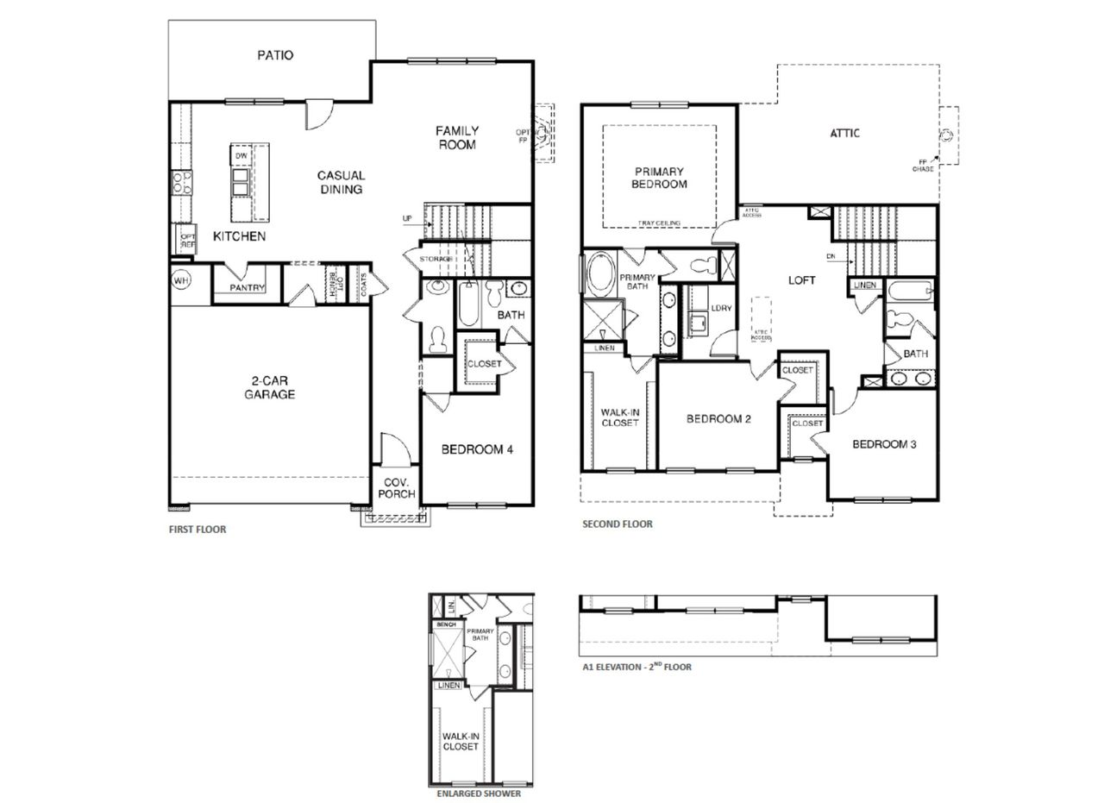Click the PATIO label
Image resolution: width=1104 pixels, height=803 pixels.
click(x=275, y=55)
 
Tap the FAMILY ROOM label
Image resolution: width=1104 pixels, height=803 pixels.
click(x=457, y=138)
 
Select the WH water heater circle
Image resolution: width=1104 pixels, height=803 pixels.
click(x=181, y=280)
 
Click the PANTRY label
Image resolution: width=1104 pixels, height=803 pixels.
click(x=248, y=288)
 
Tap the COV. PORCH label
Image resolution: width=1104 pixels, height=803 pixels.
click(x=397, y=487)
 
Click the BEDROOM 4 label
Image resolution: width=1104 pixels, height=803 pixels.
click(x=477, y=449)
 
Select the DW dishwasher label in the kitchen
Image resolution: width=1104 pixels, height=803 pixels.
click(x=241, y=156)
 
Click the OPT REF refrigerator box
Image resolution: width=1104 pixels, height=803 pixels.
click(x=186, y=239)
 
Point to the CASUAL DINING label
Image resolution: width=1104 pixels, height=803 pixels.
click(x=341, y=182)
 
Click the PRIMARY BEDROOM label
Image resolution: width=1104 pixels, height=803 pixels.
click(x=659, y=178)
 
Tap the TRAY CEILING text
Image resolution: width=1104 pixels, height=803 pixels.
click(x=659, y=223)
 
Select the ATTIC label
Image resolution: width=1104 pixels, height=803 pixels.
click(x=844, y=133)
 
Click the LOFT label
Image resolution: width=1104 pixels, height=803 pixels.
click(x=801, y=280)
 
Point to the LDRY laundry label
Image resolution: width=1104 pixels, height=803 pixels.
click(x=721, y=308)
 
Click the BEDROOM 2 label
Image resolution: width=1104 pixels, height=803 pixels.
click(x=718, y=419)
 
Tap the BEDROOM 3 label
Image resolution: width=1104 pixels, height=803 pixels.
click(x=884, y=444)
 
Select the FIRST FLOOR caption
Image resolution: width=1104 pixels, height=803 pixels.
click(x=197, y=530)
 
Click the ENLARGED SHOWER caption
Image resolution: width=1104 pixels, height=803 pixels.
click(x=479, y=794)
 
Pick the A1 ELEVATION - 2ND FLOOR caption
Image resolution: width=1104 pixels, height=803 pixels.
click(x=637, y=667)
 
